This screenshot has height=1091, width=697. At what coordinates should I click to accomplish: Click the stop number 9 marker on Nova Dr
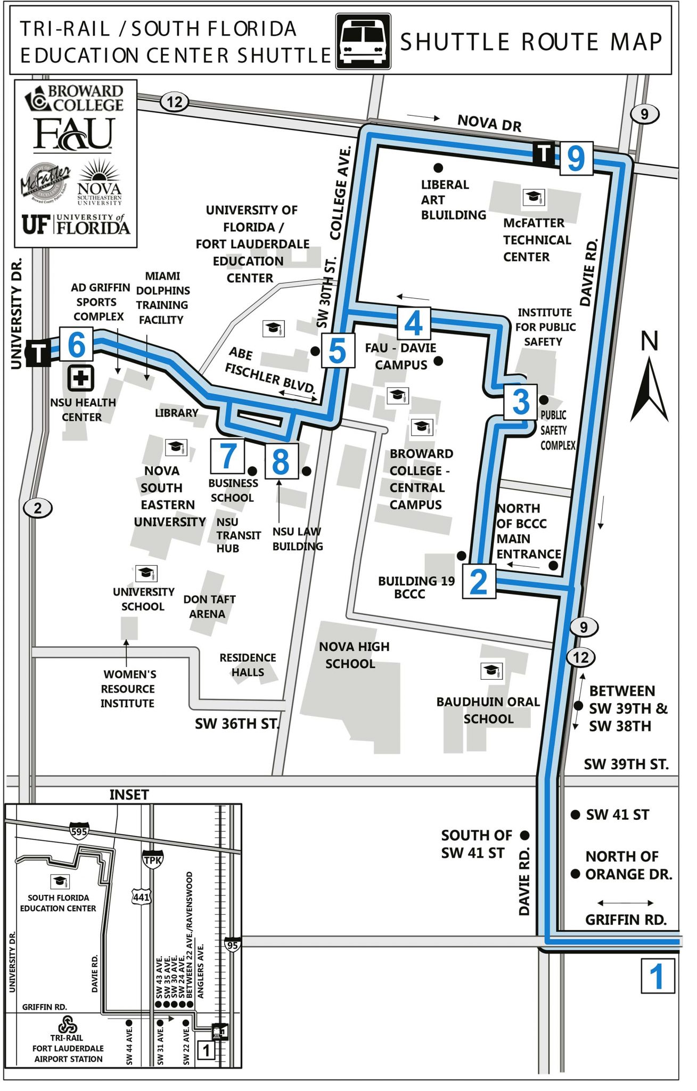tap(576, 158)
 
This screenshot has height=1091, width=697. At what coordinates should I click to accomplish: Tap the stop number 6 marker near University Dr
tap(76, 345)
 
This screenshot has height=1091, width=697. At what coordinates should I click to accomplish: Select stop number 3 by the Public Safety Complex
tap(520, 402)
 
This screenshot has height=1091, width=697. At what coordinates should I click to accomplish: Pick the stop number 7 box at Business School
tap(227, 456)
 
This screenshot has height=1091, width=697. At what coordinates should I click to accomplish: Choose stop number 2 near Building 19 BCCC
tap(479, 582)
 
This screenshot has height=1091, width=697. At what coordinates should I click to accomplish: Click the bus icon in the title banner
tap(363, 42)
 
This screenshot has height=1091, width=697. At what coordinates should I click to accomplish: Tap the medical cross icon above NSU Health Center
tap(80, 379)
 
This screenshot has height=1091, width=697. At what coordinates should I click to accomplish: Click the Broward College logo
tap(75, 99)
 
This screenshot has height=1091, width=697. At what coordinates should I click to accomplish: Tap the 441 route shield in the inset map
tap(141, 897)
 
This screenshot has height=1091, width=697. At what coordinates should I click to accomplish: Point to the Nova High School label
tap(354, 655)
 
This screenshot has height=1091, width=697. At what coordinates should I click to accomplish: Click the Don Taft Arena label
tap(209, 606)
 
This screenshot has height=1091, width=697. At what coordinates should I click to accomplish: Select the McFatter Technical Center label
tap(536, 240)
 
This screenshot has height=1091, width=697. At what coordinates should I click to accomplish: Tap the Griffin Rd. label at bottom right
tap(625, 919)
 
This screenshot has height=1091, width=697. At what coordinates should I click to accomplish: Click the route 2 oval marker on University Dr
tap(38, 508)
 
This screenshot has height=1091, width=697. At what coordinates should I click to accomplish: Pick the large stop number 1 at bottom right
tap(657, 976)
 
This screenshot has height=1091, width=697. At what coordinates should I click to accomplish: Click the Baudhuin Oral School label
tap(488, 710)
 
